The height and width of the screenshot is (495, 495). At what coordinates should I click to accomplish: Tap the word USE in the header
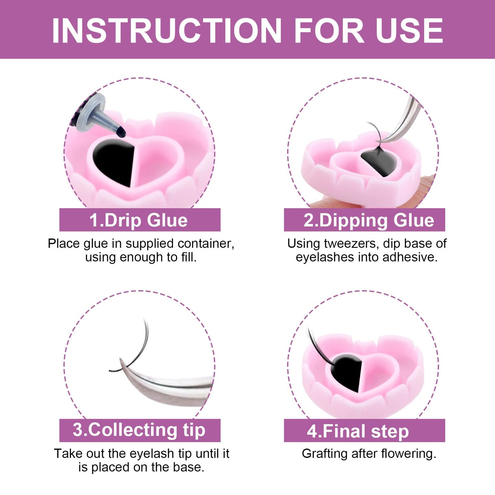(409, 31)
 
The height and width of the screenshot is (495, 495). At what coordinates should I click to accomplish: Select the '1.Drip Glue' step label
(139, 220)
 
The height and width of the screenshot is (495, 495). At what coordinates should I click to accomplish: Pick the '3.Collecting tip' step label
(139, 430)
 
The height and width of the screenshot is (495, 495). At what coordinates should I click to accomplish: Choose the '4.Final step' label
(358, 431)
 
